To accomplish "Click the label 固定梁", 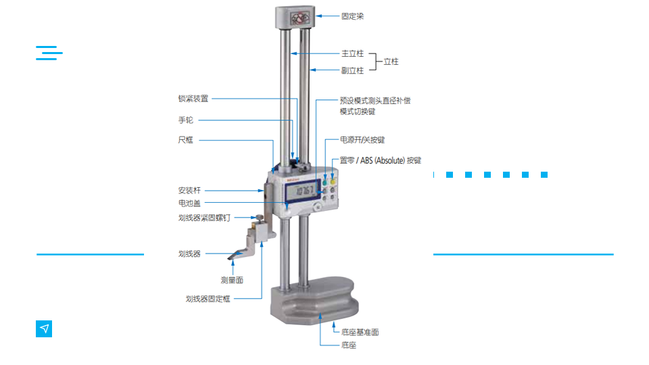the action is pos(352,16).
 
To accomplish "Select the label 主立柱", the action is pos(352,53).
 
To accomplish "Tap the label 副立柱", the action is pos(352,70).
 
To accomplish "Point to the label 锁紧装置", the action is pos(193,99).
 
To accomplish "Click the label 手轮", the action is pos(185,120).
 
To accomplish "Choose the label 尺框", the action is pos(185,140).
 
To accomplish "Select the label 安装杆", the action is pos(189,191).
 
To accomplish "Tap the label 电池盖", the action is pos(189,203).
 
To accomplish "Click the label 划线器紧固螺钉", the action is pos(204,218).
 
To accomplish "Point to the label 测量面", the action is pos(232,280).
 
